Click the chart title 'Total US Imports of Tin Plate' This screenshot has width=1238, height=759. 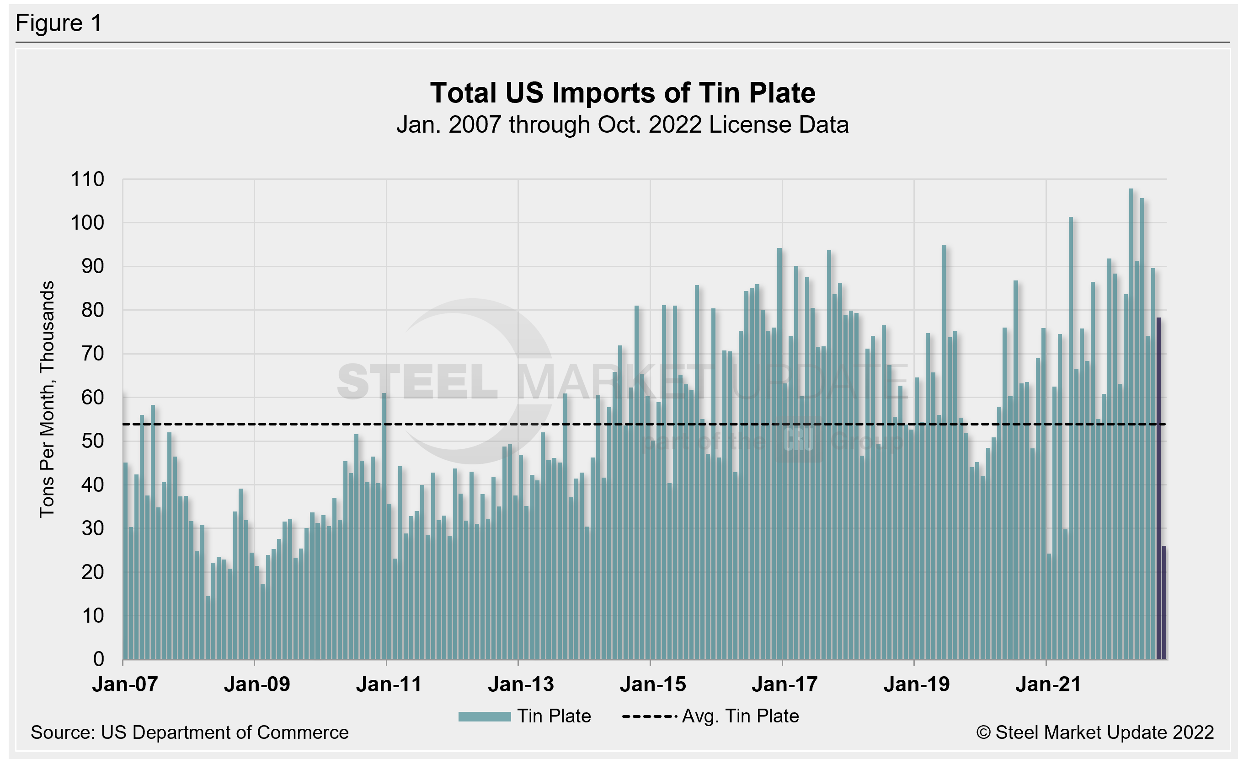pyautogui.click(x=623, y=93)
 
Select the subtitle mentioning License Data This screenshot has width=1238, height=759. pyautogui.click(x=623, y=124)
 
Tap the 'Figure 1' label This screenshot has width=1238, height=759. pyautogui.click(x=59, y=23)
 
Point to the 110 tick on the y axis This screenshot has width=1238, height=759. pyautogui.click(x=87, y=179)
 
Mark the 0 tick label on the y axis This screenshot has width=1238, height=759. pyautogui.click(x=98, y=659)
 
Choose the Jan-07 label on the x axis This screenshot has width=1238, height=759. pyautogui.click(x=125, y=684)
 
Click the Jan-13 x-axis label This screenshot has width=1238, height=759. pyautogui.click(x=521, y=684)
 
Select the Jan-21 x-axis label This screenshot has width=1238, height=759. pyautogui.click(x=1048, y=684)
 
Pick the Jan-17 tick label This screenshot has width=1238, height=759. pyautogui.click(x=784, y=684)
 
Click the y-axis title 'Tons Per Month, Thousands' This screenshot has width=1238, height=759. pyautogui.click(x=47, y=399)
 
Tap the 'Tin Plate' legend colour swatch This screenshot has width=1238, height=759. pyautogui.click(x=484, y=716)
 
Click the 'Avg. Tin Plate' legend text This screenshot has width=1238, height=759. pyautogui.click(x=740, y=716)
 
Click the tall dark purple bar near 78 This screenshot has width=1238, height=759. pyautogui.click(x=1158, y=488)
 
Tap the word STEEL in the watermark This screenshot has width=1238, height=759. pyautogui.click(x=417, y=382)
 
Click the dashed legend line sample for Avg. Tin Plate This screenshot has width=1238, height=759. pyautogui.click(x=649, y=716)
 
